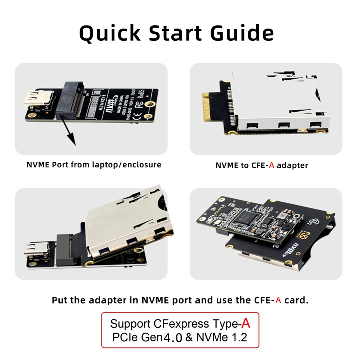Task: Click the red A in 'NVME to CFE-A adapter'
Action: pyautogui.click(x=272, y=165)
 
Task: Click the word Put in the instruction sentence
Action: pyautogui.click(x=59, y=300)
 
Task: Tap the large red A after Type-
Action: pyautogui.click(x=246, y=323)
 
